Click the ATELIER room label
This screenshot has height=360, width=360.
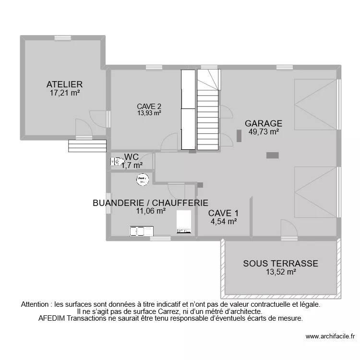point(65,84)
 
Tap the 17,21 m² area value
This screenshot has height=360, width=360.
point(65,93)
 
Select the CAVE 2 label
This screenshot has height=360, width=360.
point(149,106)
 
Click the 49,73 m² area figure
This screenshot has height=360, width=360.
point(264,131)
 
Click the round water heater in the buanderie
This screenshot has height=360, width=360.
point(142,180)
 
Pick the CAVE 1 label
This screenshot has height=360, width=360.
point(223,213)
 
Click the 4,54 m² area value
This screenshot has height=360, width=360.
point(223,221)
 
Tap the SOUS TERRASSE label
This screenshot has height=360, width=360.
point(280,263)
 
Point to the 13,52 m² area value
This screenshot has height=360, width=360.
point(280,272)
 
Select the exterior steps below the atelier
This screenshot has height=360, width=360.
point(87,145)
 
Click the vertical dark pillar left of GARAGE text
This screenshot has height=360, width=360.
point(239,136)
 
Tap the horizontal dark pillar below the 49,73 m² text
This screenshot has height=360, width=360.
point(273,155)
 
